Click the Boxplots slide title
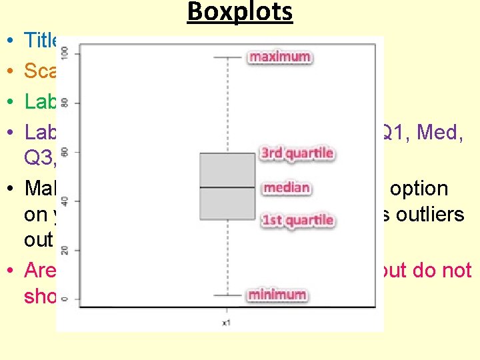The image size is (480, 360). click(240, 13)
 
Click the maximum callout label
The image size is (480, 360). click(280, 57)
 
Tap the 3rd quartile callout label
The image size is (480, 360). click(297, 153)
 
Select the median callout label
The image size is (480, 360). click(286, 187)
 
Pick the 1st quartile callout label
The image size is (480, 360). click(297, 220)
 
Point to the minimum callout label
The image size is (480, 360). click(277, 294)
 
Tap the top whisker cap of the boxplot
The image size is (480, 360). click(227, 57)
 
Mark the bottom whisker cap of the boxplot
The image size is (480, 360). click(227, 295)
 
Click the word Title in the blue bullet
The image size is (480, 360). click(41, 41)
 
